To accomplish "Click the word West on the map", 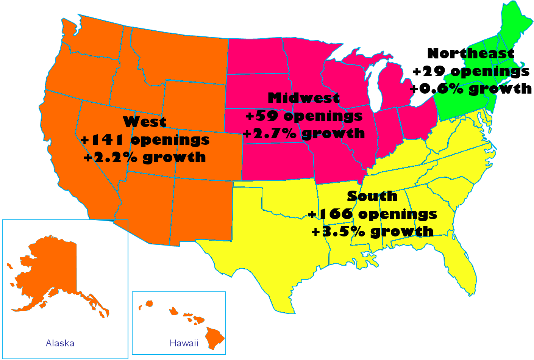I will [x=145, y=122].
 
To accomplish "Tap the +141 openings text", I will [x=145, y=139].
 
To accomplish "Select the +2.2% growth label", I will [x=145, y=157].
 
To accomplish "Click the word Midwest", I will [x=304, y=98].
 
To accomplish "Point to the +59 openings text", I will [x=304, y=116].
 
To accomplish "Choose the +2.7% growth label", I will [x=304, y=133].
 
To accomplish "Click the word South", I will [x=372, y=196].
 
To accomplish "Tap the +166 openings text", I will [x=373, y=214].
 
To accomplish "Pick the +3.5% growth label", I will [x=372, y=231].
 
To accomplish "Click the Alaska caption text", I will [x=60, y=343].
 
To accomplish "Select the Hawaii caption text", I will [x=184, y=343].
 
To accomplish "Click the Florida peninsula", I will [x=464, y=269].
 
